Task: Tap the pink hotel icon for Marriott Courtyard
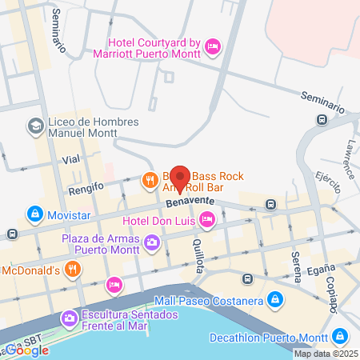click(212, 47)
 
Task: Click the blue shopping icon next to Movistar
click(35, 214)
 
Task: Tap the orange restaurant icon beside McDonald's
click(73, 269)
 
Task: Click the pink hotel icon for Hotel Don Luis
click(207, 218)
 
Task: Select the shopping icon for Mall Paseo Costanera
click(275, 300)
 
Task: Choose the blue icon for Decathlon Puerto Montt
click(341, 336)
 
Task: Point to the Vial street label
click(71, 160)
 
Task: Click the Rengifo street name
click(86, 189)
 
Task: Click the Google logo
click(28, 350)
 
